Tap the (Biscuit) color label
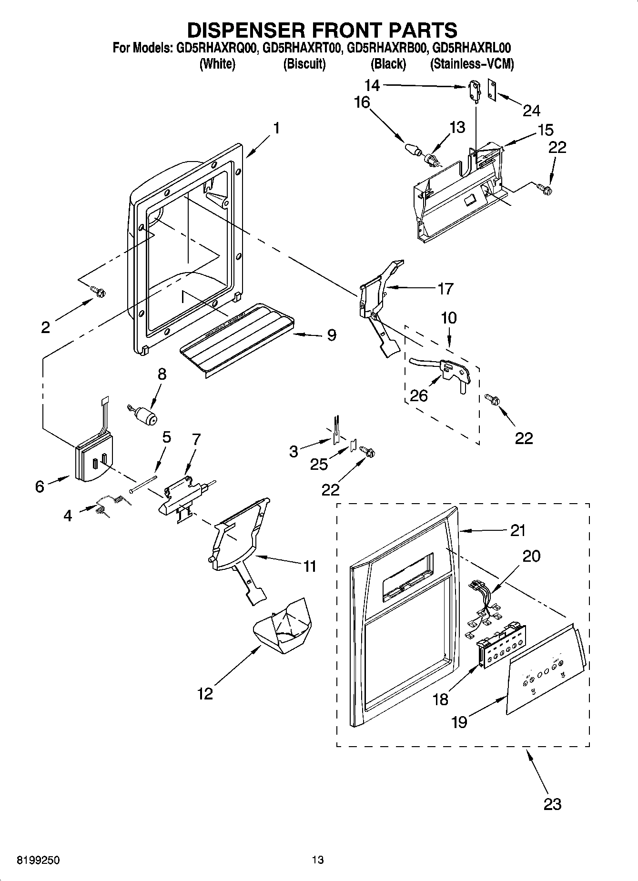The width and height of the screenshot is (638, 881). point(304,64)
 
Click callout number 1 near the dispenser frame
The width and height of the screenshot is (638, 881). point(275,129)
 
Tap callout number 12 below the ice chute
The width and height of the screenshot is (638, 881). point(205,694)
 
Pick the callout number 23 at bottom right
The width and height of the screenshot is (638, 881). point(552,804)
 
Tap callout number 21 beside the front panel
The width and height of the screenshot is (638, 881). point(517,530)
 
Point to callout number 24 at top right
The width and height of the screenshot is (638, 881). point(531,111)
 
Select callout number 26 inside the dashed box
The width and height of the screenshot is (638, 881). point(419,395)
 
